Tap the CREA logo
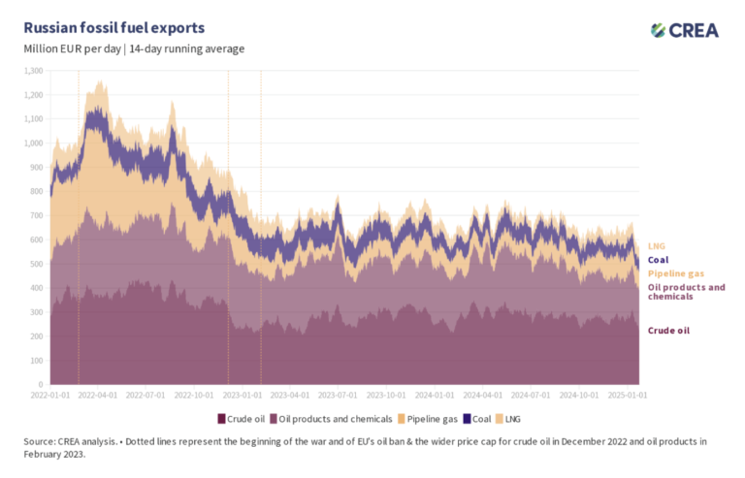point(685,30)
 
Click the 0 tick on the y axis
point(41,384)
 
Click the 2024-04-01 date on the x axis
point(482,396)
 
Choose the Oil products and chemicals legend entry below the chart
point(328,418)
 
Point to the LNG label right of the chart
point(657,246)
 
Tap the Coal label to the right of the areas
point(658,260)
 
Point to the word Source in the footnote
point(42,441)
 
